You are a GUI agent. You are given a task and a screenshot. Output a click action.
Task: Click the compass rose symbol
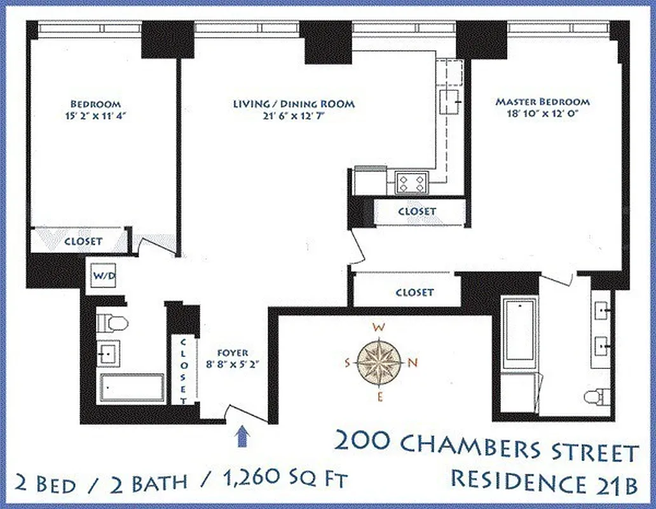click(379, 363)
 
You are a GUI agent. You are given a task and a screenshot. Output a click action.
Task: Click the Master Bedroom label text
click(542, 102)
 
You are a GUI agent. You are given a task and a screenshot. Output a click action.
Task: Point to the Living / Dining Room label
click(294, 104)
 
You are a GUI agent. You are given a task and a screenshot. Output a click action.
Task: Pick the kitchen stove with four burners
click(411, 184)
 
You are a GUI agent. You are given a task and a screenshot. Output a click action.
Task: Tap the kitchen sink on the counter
click(453, 99)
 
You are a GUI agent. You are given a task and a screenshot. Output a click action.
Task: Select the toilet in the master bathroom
click(597, 396)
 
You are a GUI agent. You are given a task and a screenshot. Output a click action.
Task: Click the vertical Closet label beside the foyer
click(184, 371)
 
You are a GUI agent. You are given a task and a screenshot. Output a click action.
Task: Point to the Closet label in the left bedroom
click(83, 242)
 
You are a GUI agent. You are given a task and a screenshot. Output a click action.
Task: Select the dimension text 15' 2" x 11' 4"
click(95, 116)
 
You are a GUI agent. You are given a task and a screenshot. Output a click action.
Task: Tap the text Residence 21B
click(544, 478)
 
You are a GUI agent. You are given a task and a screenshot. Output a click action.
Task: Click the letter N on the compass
click(411, 363)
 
